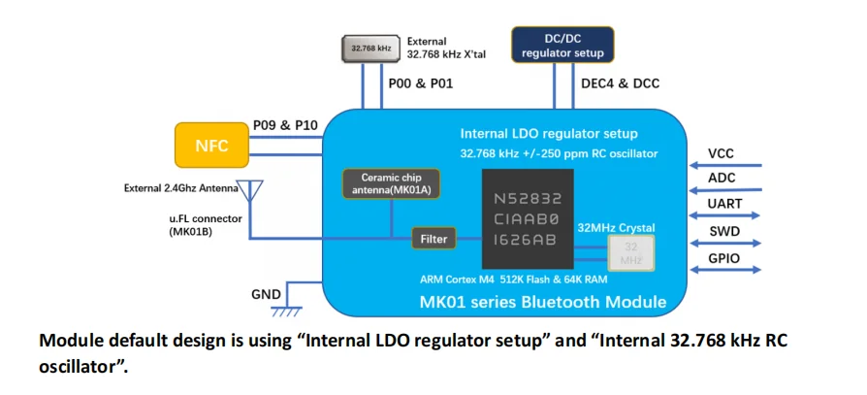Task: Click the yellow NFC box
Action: pyautogui.click(x=211, y=145)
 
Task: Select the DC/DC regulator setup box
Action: pyautogui.click(x=562, y=46)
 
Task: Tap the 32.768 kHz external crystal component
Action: pyautogui.click(x=370, y=48)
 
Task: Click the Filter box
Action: pyautogui.click(x=433, y=238)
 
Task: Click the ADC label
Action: pyautogui.click(x=722, y=179)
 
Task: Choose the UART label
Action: pyautogui.click(x=724, y=205)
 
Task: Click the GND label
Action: pyautogui.click(x=266, y=295)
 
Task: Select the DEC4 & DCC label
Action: pyautogui.click(x=620, y=83)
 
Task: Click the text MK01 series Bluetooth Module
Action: pyautogui.click(x=542, y=302)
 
